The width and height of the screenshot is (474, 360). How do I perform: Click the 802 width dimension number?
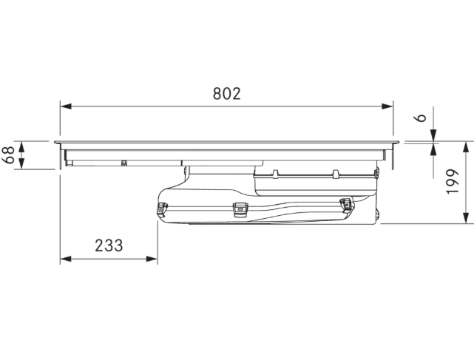[x=227, y=94]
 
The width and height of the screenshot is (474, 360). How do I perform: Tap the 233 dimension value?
[x=109, y=245]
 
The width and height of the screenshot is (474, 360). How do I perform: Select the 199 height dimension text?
[x=453, y=181]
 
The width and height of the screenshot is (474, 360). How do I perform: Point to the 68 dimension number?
[x=8, y=154]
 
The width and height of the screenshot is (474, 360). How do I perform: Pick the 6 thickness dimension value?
[x=420, y=118]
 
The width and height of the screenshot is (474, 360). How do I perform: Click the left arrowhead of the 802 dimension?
[x=66, y=106]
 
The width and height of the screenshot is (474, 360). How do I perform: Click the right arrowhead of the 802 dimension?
[x=387, y=106]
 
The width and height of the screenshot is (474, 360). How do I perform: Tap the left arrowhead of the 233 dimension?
[x=66, y=259]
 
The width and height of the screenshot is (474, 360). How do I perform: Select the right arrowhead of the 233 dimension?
[x=152, y=259]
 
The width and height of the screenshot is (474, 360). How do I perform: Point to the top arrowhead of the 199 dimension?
[x=466, y=147]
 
